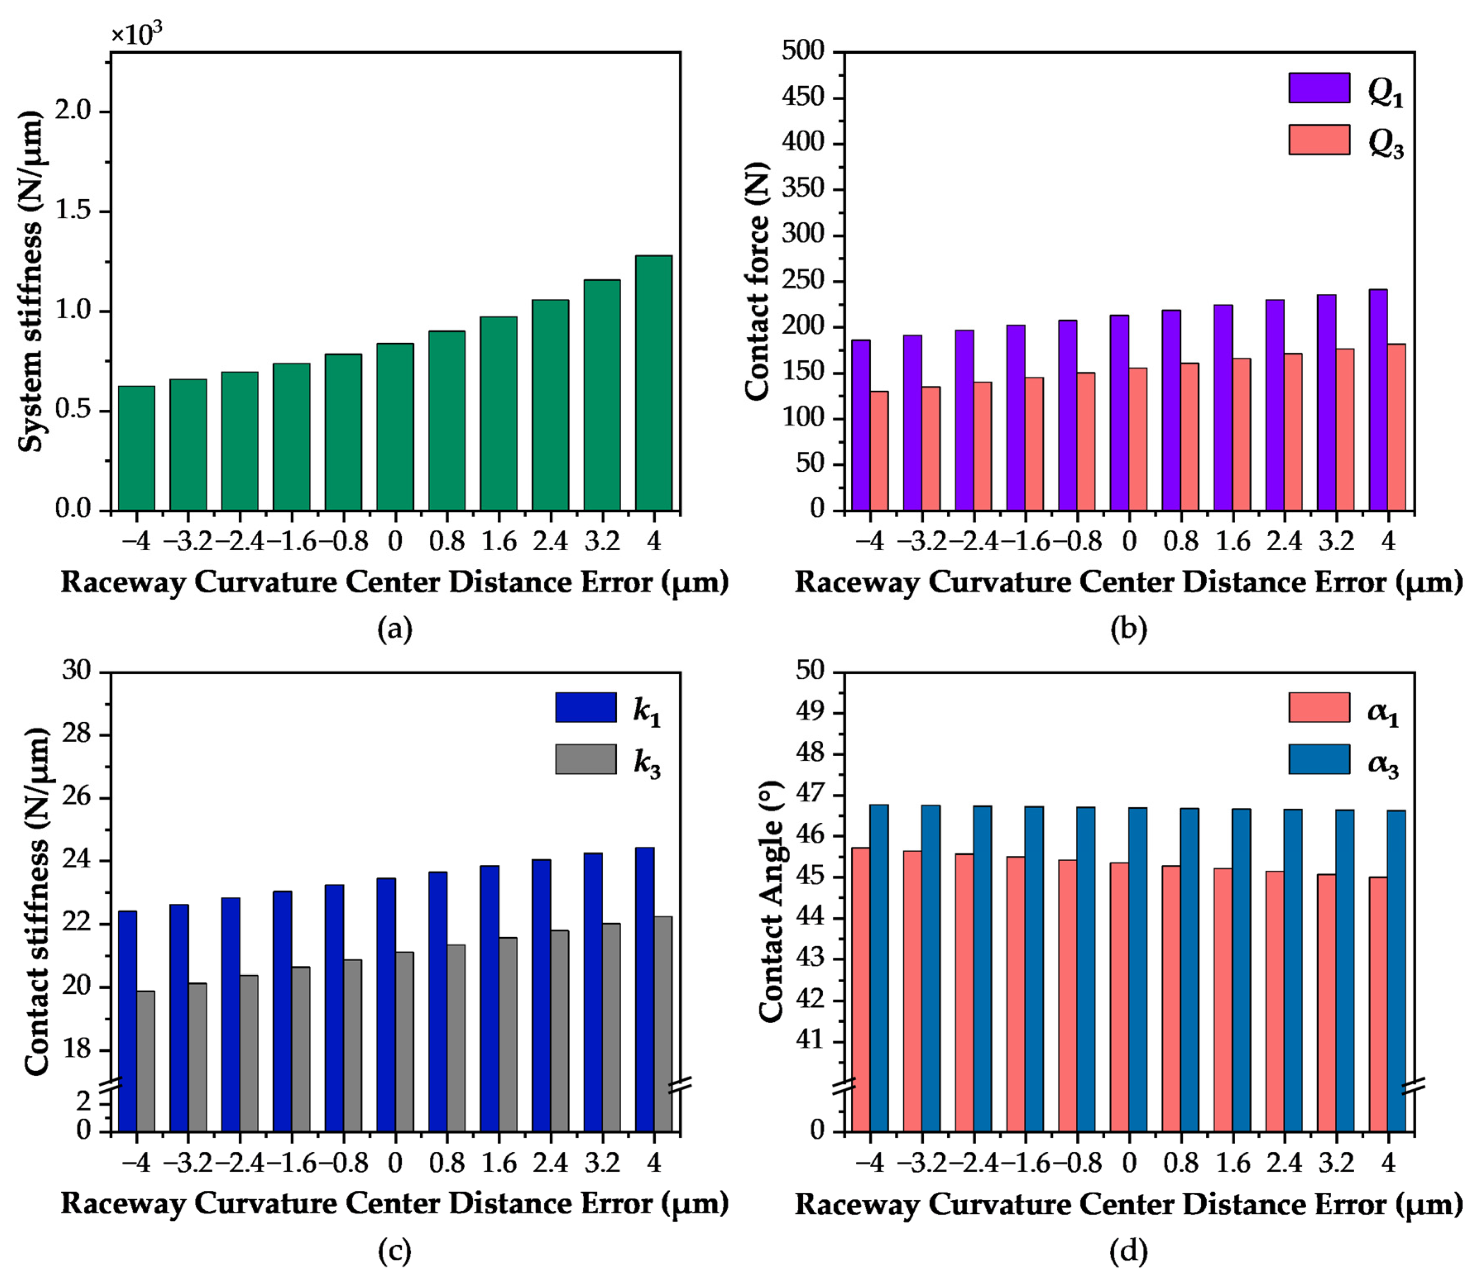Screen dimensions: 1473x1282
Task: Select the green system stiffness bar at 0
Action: [x=395, y=427]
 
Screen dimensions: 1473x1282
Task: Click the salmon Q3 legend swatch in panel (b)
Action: [x=1319, y=139]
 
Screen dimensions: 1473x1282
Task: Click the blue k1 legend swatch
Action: [x=585, y=707]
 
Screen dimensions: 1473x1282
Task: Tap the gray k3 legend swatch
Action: [x=585, y=759]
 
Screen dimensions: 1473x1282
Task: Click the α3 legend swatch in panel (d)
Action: [x=1319, y=759]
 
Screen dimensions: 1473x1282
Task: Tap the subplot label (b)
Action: [x=1129, y=629]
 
